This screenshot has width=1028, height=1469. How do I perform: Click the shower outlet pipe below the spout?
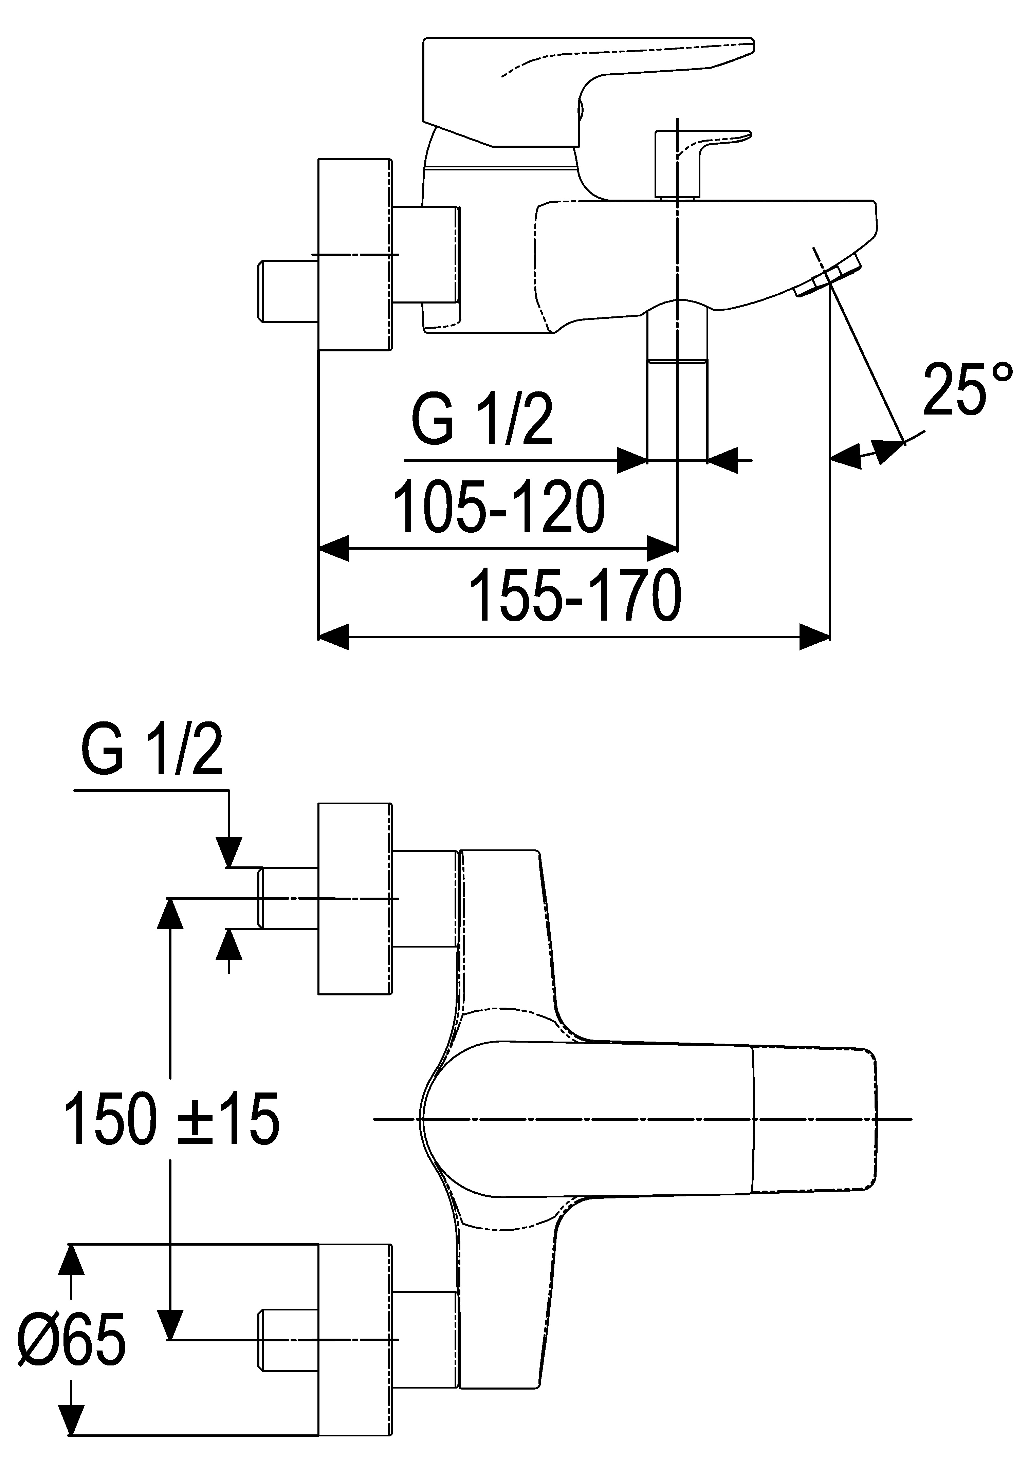click(677, 384)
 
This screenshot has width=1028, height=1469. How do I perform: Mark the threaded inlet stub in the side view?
click(288, 291)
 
